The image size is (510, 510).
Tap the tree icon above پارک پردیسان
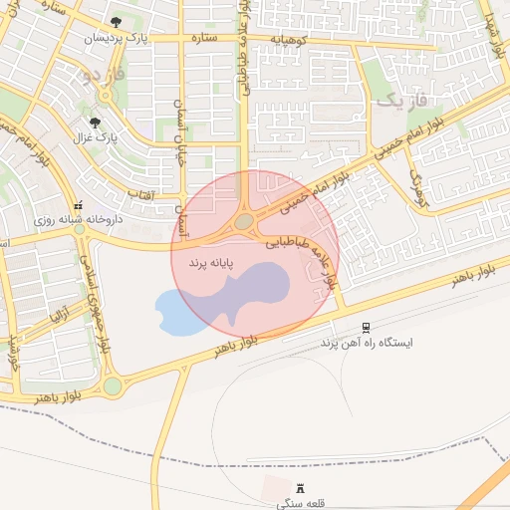(x=117, y=21)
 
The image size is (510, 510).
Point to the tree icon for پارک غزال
(x=96, y=123)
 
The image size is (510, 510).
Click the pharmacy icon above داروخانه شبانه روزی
(x=79, y=204)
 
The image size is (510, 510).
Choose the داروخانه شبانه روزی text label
(x=78, y=218)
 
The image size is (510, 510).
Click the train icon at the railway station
(x=366, y=327)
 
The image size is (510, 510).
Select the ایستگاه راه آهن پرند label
(x=365, y=342)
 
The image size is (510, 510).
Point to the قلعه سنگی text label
(x=300, y=504)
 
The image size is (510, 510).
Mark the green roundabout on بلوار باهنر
(x=112, y=384)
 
